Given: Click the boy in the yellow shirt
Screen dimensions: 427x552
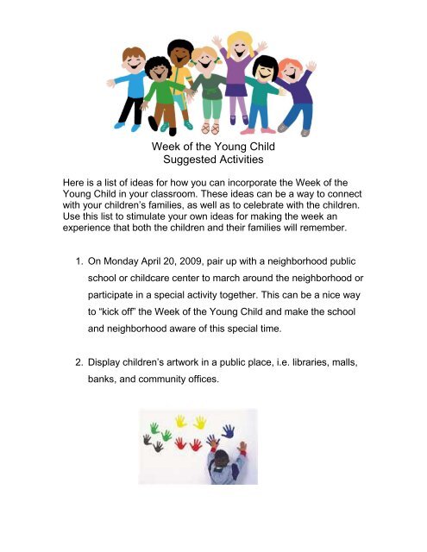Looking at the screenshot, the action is (180, 73).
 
